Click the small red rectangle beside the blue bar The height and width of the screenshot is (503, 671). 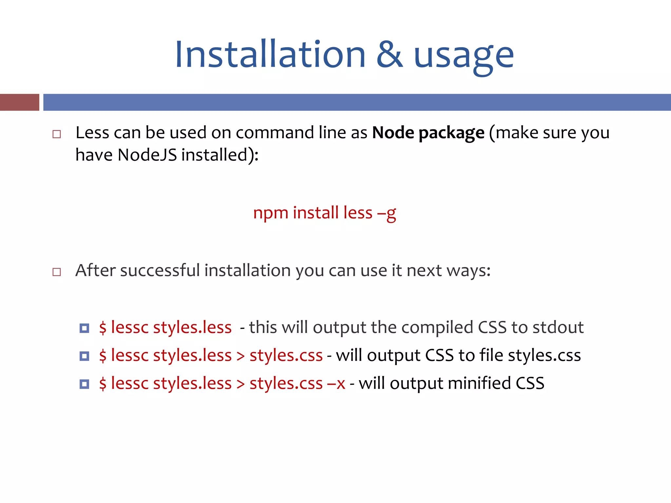point(19,102)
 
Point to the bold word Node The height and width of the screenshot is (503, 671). point(393,133)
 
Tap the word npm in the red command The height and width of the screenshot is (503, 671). point(271,214)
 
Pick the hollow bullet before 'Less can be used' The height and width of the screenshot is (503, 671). point(57,134)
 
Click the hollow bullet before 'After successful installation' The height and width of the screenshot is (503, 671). point(57,272)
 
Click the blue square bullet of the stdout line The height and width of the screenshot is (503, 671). point(84,328)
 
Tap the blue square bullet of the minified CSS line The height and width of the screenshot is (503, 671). point(84,384)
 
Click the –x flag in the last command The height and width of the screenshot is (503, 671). point(336,383)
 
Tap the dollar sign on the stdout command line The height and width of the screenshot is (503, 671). point(103,327)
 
